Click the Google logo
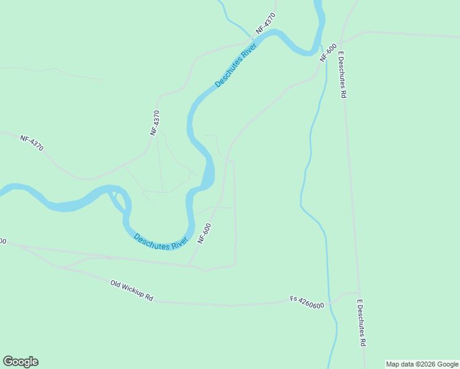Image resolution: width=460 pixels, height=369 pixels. coord(20,362)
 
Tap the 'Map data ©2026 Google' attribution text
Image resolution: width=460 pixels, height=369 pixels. coord(422,364)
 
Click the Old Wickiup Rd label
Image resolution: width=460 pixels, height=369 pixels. coord(132,292)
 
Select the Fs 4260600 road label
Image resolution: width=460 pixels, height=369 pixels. coord(307,303)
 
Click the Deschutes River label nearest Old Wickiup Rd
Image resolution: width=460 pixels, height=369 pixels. coord(161,242)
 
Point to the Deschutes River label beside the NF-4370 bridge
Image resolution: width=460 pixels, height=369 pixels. coord(235,67)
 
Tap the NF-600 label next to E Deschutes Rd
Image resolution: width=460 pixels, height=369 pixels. coord(328,52)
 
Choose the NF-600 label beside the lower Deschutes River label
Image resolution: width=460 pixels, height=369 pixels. coord(204,234)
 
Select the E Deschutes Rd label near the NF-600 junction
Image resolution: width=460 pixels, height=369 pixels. coord(343,74)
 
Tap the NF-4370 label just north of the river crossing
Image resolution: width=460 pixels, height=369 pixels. coord(266,24)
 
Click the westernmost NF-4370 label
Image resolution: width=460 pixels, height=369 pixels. coord(31,143)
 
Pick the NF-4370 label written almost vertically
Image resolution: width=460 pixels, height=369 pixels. coord(155,122)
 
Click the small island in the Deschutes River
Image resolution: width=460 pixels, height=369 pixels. coord(114,196)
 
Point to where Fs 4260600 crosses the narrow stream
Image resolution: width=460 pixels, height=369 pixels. coord(329,303)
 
